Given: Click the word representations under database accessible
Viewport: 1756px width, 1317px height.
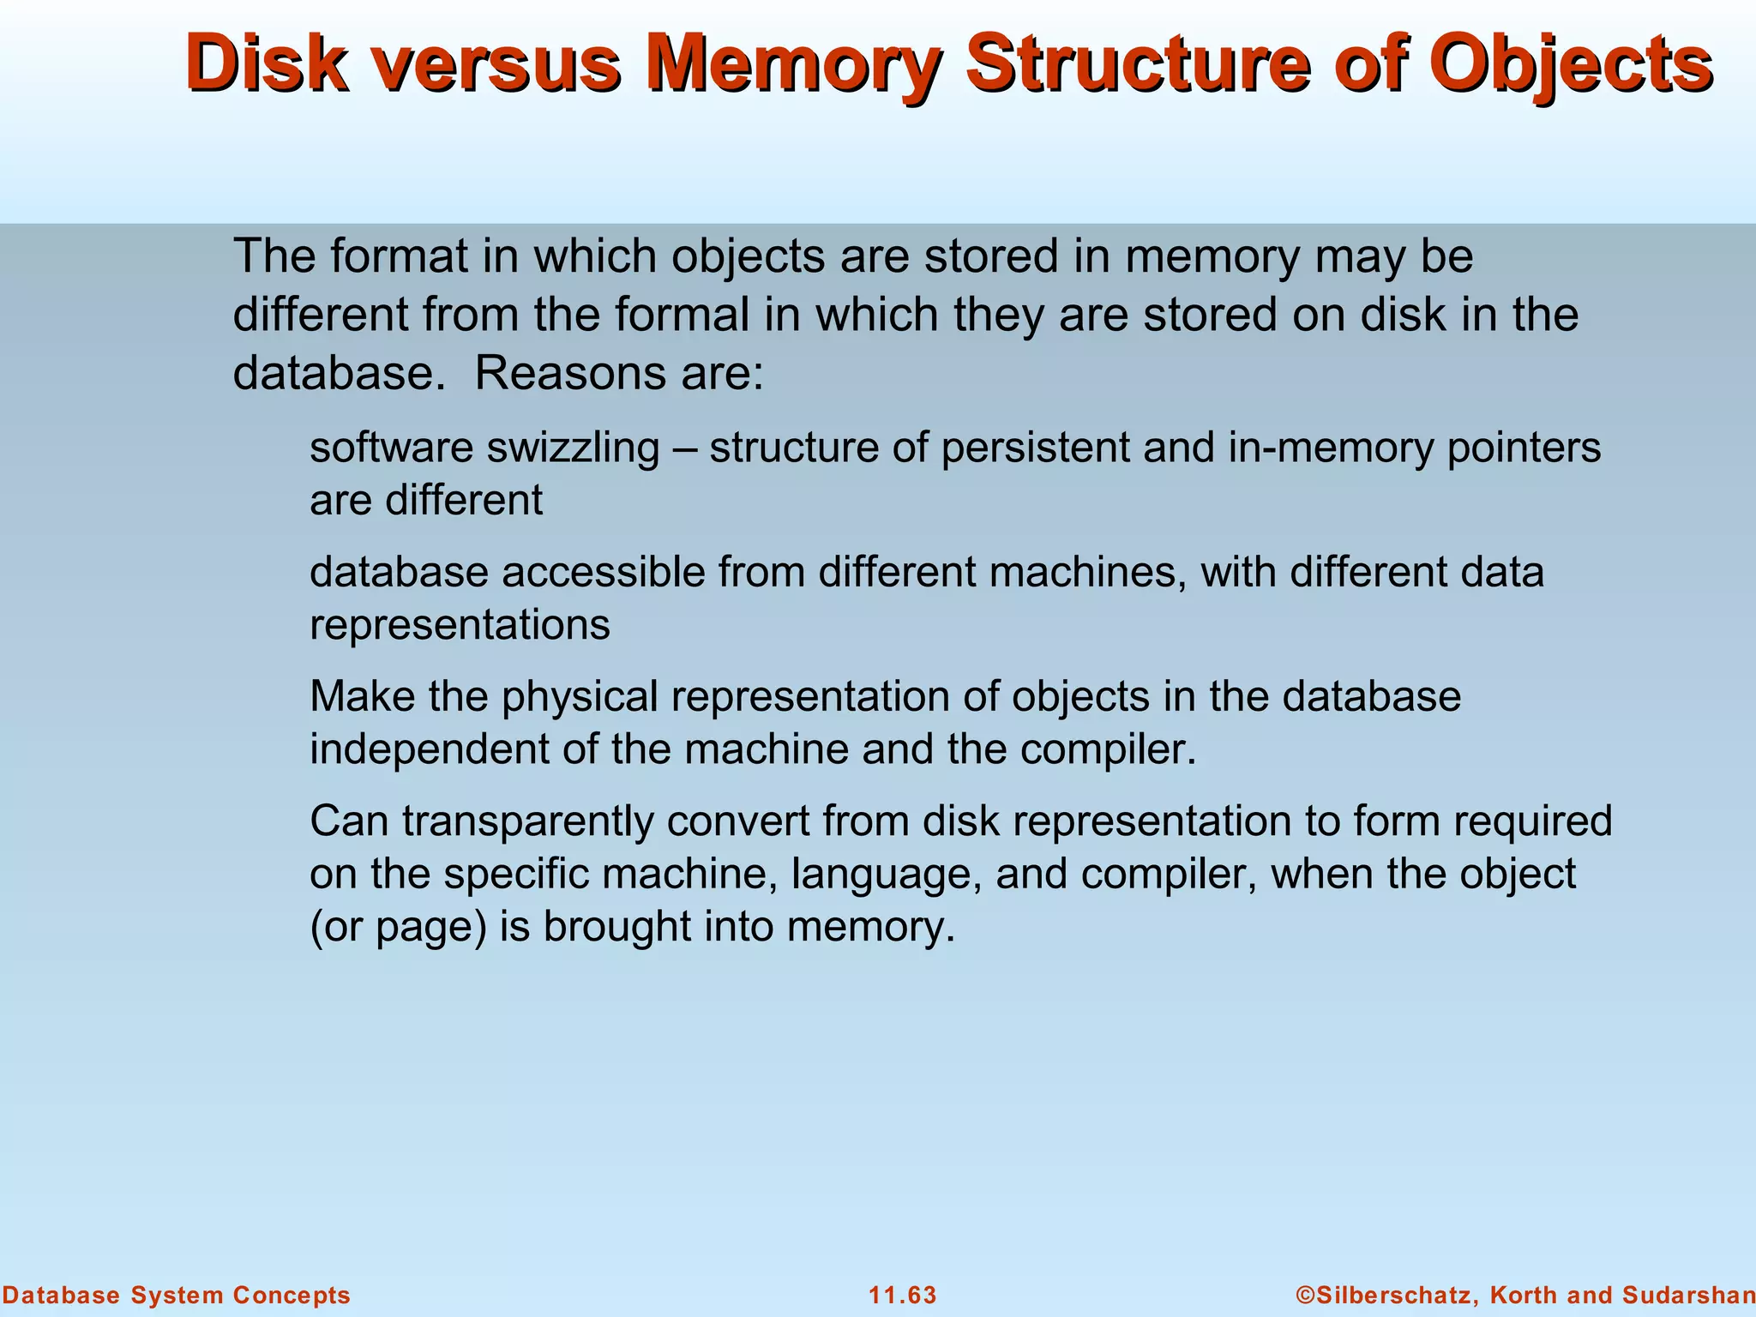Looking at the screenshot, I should point(460,625).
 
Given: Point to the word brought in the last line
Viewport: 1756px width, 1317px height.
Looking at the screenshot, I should point(616,927).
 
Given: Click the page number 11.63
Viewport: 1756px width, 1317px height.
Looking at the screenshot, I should point(903,1296).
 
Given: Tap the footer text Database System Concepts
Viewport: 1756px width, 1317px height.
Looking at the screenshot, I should point(176,1296).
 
